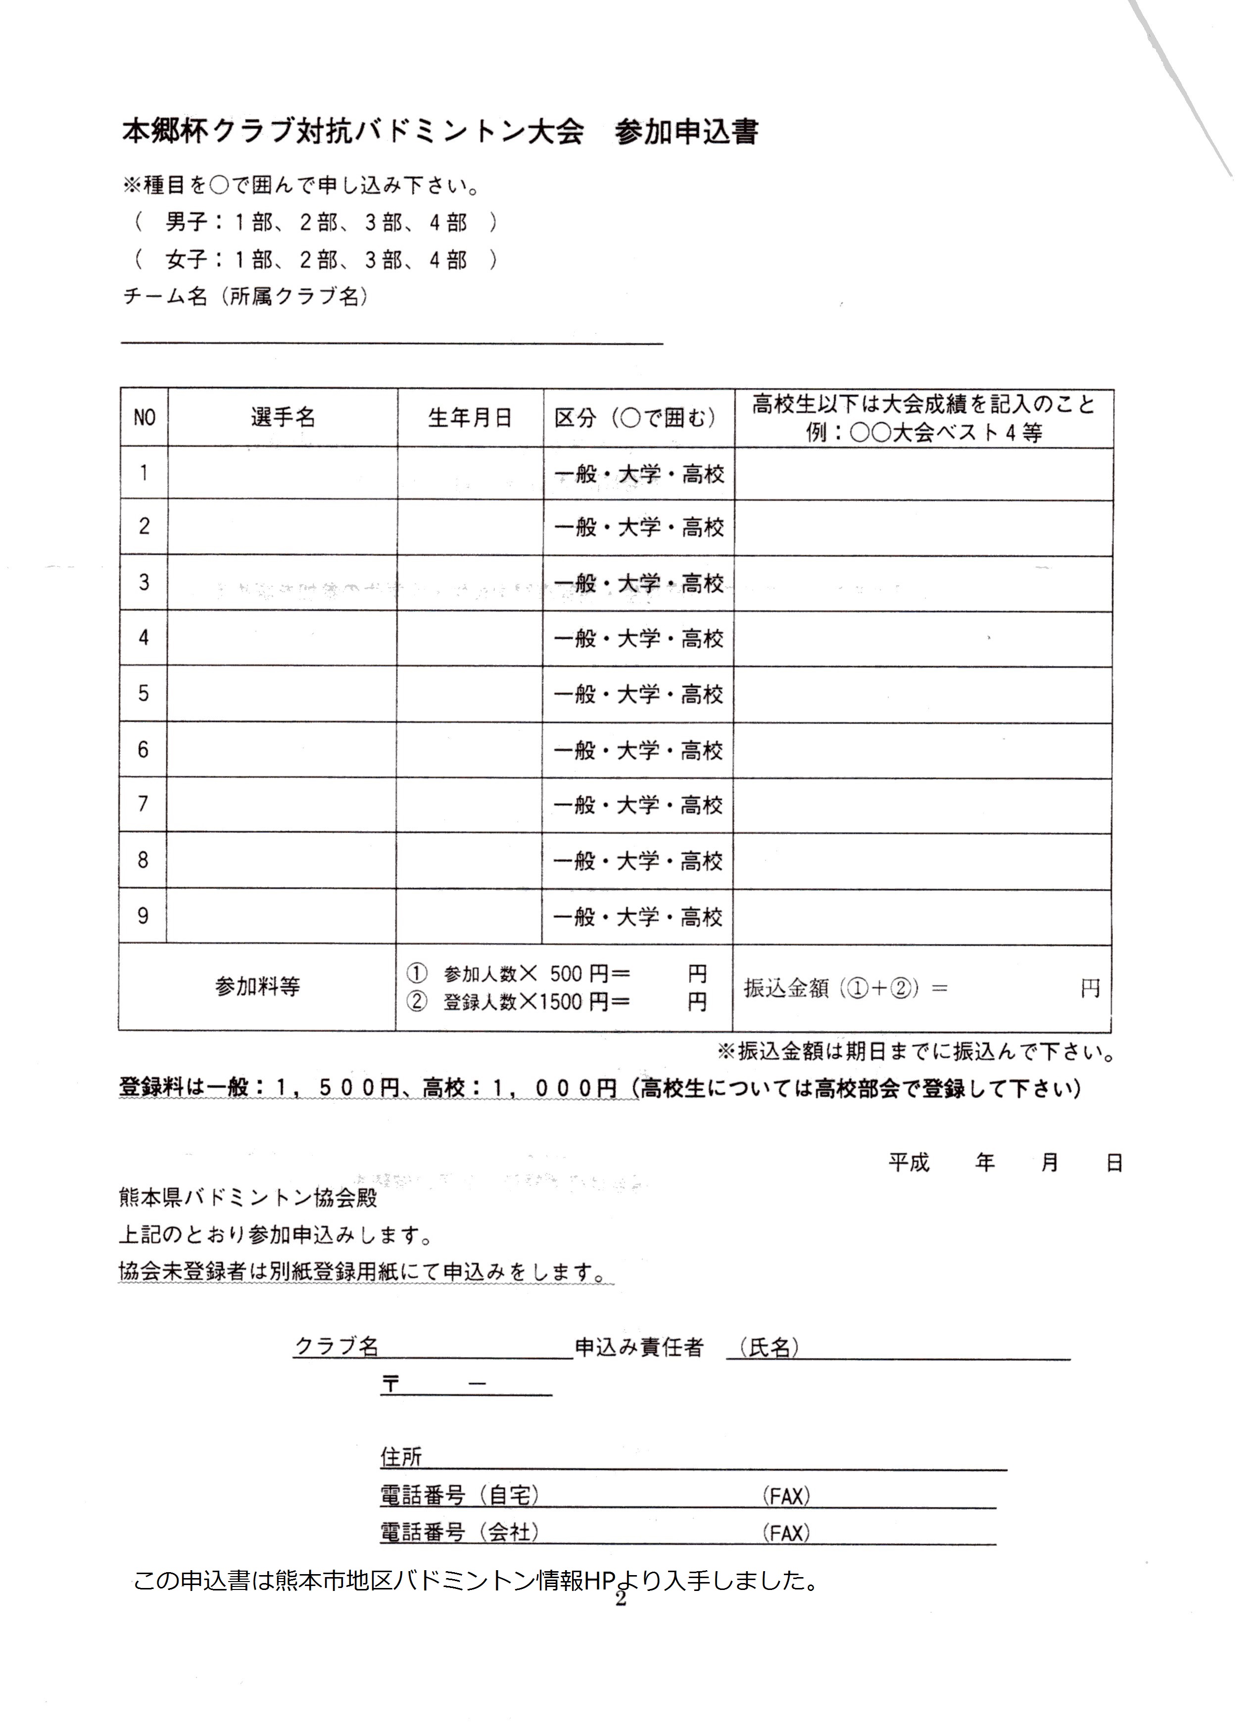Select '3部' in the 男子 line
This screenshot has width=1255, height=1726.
[x=384, y=223]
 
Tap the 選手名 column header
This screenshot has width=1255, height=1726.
[x=283, y=417]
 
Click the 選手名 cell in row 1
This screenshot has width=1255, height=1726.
[x=283, y=473]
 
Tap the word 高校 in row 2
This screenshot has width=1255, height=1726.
[x=702, y=527]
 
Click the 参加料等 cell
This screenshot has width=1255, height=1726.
[x=257, y=987]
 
